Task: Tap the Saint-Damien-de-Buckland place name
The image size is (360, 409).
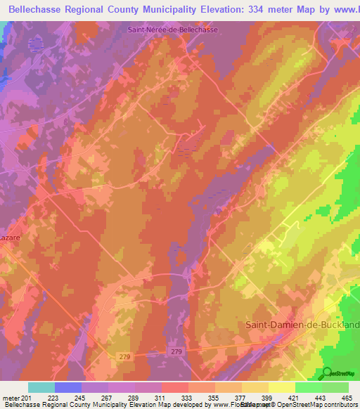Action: coord(302,324)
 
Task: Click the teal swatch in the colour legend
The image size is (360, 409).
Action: coord(41,387)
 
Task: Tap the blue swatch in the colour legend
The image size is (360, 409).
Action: coord(68,387)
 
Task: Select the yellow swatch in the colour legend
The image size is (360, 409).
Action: coord(282,387)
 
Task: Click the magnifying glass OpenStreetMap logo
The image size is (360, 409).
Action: coord(328,373)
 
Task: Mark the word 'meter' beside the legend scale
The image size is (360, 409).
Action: coord(11,398)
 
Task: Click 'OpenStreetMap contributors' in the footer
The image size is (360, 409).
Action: coord(309,405)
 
